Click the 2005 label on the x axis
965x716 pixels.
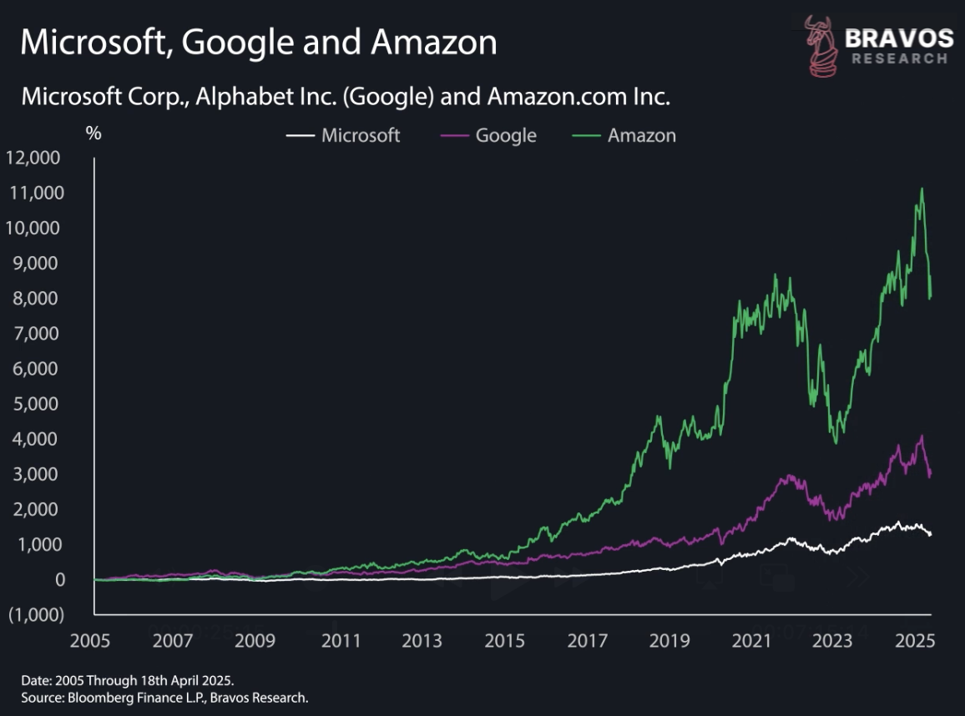tap(93, 641)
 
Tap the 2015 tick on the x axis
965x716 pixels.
tap(504, 641)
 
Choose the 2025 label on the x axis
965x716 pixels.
tap(917, 641)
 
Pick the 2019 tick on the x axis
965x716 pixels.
tap(669, 641)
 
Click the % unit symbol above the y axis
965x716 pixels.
tap(93, 132)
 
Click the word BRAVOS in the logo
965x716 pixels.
tap(898, 38)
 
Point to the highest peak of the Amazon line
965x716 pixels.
tap(922, 189)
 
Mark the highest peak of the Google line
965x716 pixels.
tap(921, 436)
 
